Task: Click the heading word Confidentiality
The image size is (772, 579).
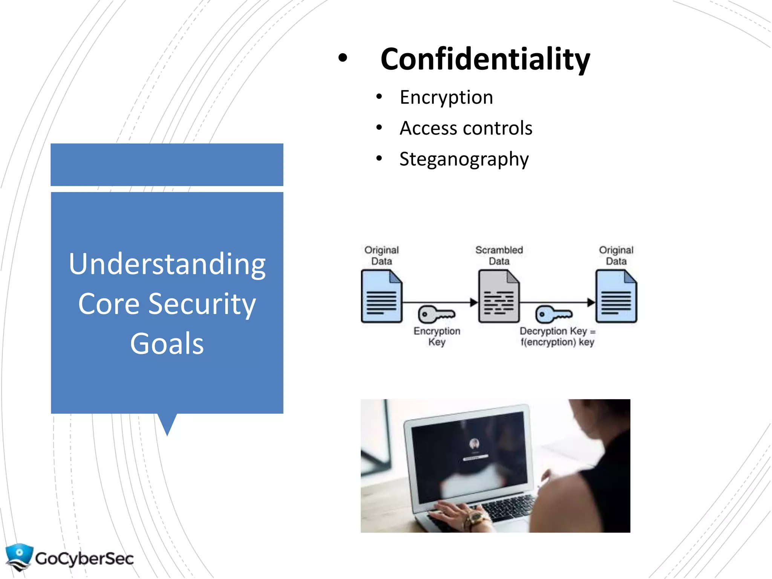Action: [485, 60]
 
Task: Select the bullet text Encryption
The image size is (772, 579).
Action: [446, 98]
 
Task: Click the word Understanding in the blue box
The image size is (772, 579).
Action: [167, 264]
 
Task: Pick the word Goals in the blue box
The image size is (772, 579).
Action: [167, 344]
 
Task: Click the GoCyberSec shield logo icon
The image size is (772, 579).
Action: [19, 556]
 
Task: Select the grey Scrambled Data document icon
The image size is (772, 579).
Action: [499, 297]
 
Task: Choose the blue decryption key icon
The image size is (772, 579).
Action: [553, 314]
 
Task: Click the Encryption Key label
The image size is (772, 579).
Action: [437, 336]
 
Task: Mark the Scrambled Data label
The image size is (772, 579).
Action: [499, 255]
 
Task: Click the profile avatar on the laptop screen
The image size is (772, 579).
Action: [474, 444]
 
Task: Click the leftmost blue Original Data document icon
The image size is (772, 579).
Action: [381, 297]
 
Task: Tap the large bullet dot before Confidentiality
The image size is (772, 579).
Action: [342, 58]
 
